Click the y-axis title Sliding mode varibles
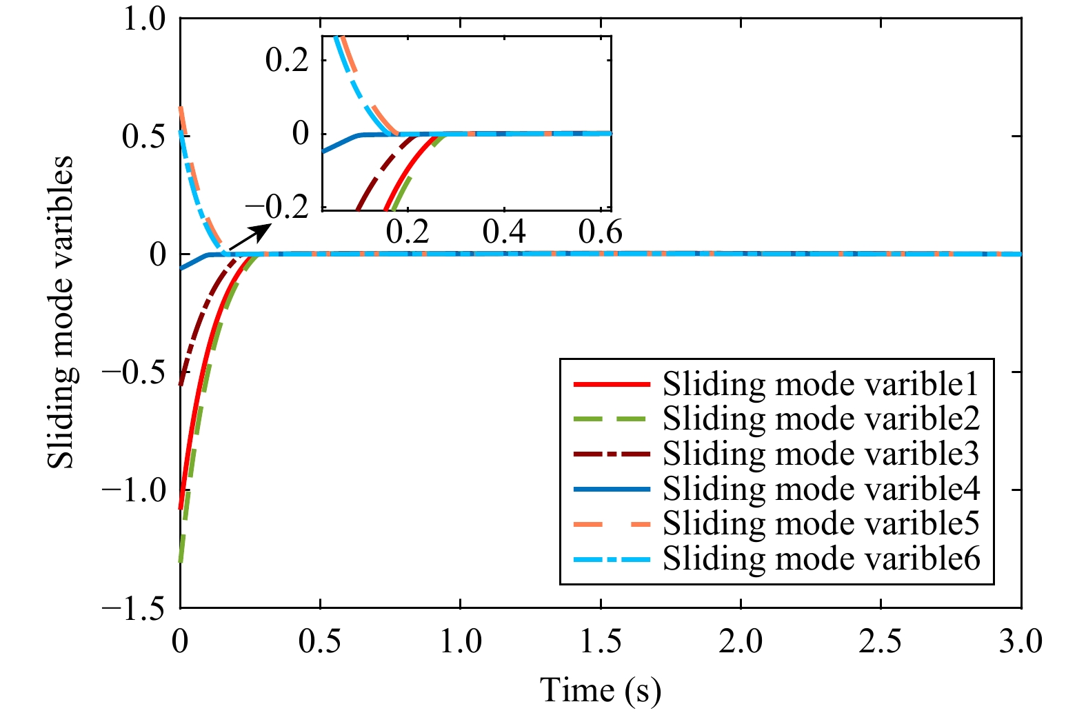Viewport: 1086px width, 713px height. pyautogui.click(x=61, y=312)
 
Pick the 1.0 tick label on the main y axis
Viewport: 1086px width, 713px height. pyautogui.click(x=145, y=19)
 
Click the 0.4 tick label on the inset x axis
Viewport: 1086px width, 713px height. pyautogui.click(x=504, y=232)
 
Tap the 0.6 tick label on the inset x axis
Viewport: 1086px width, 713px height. pyautogui.click(x=600, y=232)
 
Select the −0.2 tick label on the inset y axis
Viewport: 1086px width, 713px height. pyautogui.click(x=277, y=208)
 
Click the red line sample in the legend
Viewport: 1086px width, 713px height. pyautogui.click(x=612, y=384)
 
